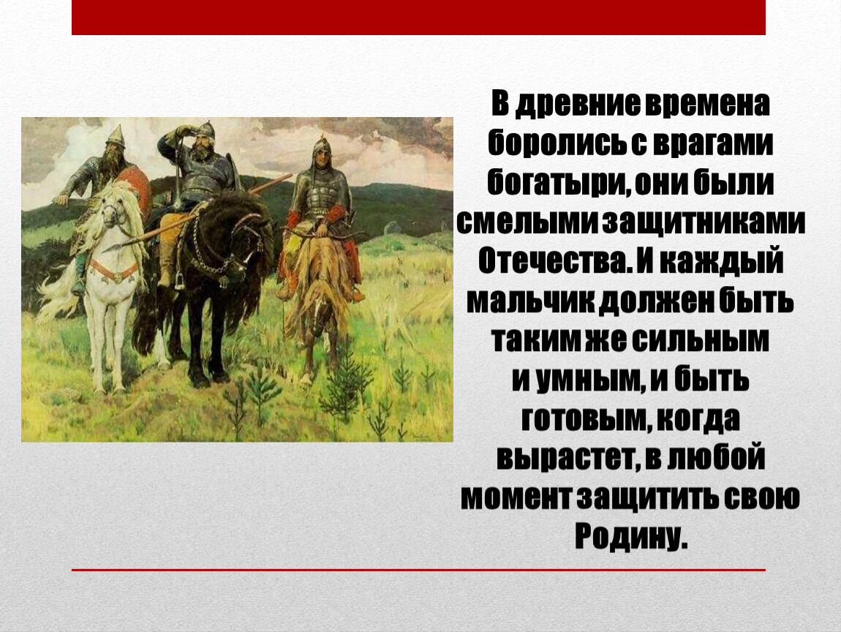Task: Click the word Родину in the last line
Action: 630,535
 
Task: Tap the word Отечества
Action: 553,261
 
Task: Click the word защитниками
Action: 704,222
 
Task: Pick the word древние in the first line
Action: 578,104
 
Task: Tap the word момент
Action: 517,497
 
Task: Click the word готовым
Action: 582,419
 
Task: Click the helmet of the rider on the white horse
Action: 115,135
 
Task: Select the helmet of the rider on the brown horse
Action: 321,145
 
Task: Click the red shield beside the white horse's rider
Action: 135,189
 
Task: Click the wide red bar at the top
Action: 418,17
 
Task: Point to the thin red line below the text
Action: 418,570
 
